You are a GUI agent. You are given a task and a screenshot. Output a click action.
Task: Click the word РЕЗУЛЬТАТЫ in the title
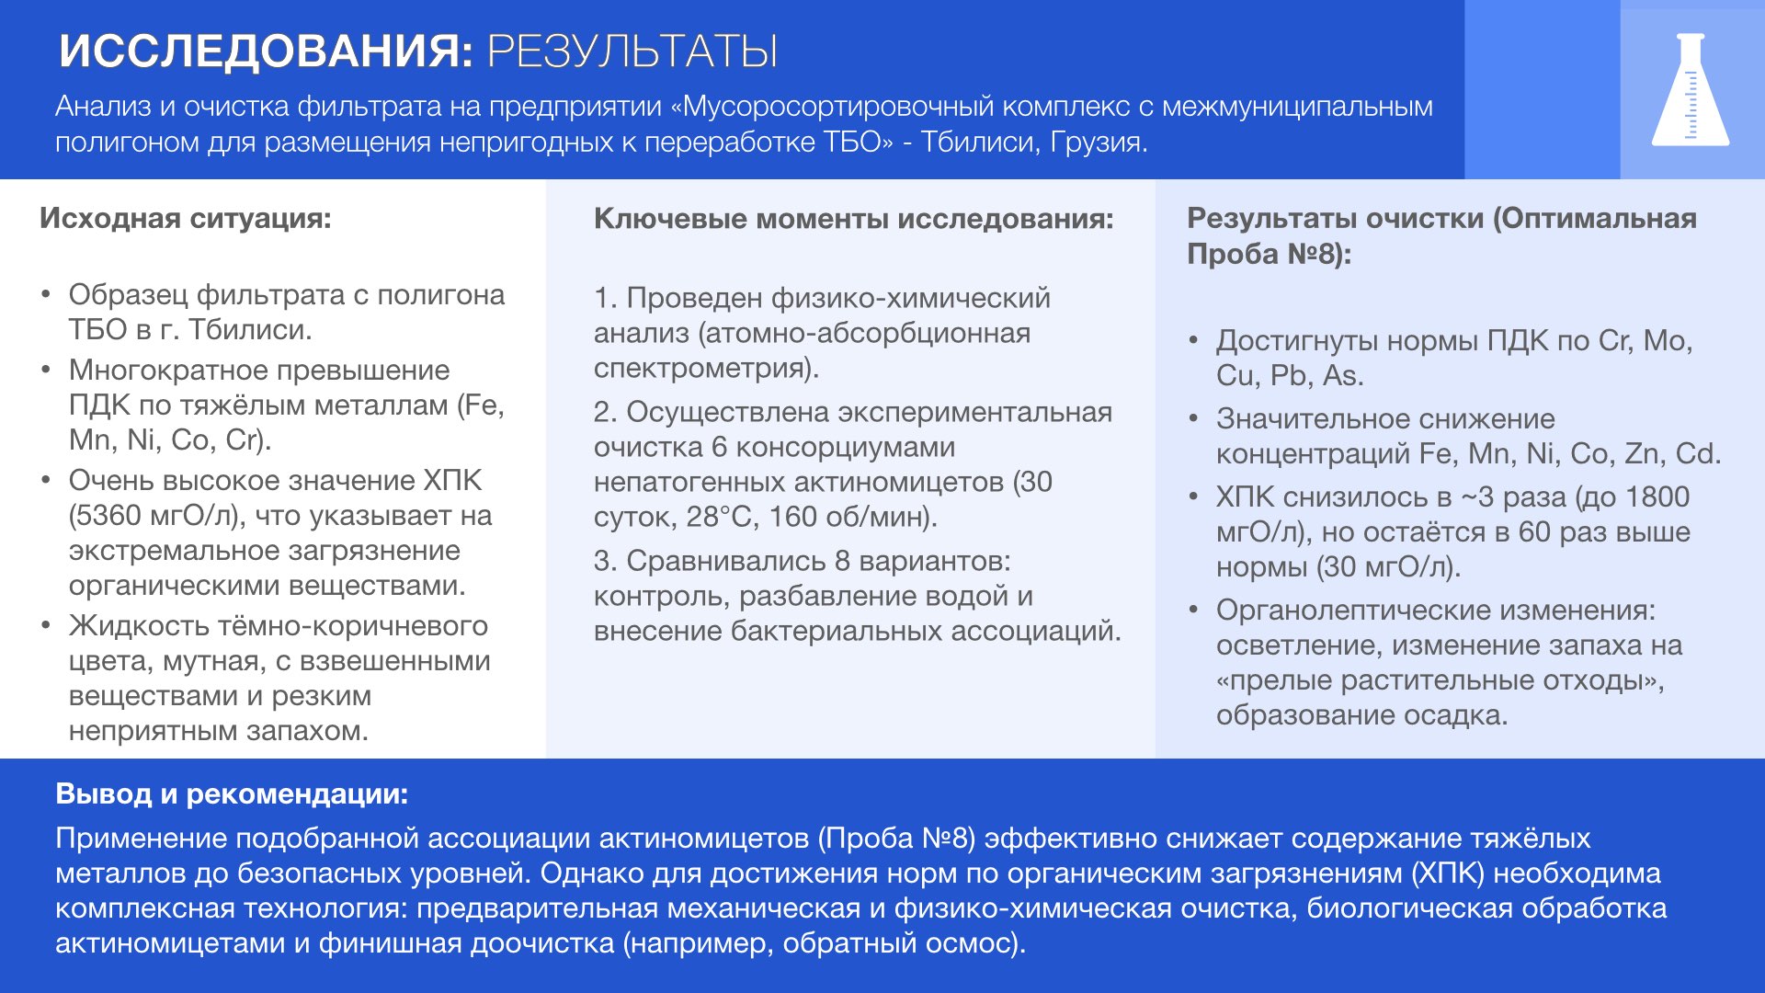point(632,51)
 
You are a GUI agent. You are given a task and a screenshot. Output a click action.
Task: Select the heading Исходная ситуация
point(185,219)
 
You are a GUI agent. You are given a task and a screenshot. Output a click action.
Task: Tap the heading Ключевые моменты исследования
point(853,219)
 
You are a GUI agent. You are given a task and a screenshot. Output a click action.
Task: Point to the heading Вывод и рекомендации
point(232,793)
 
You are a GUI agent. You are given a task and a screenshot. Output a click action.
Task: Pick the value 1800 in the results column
point(1657,497)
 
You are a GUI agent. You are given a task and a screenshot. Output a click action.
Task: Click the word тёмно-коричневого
point(350,626)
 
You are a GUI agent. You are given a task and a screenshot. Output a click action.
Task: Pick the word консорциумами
point(846,448)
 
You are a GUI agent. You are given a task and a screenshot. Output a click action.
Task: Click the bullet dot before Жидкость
point(45,626)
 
